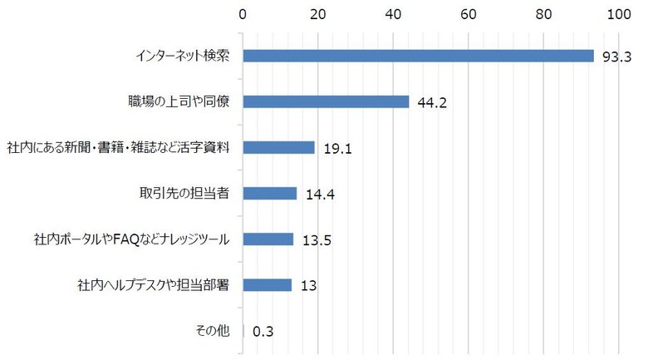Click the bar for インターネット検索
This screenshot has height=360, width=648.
(418, 56)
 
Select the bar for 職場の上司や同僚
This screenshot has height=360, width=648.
(326, 101)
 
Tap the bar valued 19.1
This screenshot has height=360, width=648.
(278, 147)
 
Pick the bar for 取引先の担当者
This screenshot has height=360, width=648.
(269, 193)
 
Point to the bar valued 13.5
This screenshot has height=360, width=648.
(268, 239)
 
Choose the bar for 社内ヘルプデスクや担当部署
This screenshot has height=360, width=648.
(267, 285)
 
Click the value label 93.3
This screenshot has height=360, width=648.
(617, 57)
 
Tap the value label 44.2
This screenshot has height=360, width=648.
(432, 102)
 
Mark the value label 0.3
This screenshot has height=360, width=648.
(263, 332)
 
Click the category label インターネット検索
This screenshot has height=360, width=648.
(183, 56)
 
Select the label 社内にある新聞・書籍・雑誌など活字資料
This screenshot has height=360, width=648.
(118, 147)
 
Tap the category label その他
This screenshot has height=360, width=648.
(212, 331)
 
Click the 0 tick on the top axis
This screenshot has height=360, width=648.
(243, 14)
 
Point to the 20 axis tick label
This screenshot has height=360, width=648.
(317, 14)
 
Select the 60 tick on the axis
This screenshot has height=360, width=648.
(469, 14)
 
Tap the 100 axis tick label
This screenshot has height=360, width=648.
(619, 14)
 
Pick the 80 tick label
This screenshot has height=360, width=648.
(544, 14)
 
